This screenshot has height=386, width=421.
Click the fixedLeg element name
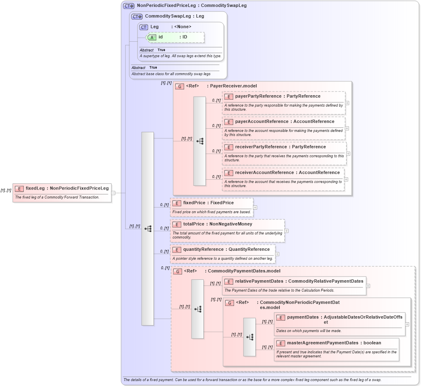pyautogui.click(x=35, y=188)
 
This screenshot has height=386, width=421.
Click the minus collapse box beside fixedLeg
pyautogui.click(x=113, y=193)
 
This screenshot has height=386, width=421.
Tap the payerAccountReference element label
pyautogui.click(x=261, y=122)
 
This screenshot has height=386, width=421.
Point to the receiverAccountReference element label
pyautogui.click(x=264, y=173)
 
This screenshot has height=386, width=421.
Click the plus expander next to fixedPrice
pyautogui.click(x=255, y=208)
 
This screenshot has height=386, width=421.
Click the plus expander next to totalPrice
pyautogui.click(x=286, y=231)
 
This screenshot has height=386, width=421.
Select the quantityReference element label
pyautogui.click(x=203, y=250)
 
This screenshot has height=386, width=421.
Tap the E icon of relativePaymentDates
pyautogui.click(x=229, y=281)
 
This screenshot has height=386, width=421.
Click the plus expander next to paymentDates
pyautogui.click(x=407, y=324)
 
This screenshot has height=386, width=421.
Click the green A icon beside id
pyautogui.click(x=152, y=37)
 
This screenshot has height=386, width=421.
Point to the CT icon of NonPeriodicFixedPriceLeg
pyautogui.click(x=129, y=6)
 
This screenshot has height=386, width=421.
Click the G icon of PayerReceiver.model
pyautogui.click(x=179, y=87)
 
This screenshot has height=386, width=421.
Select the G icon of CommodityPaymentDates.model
pyautogui.click(x=178, y=271)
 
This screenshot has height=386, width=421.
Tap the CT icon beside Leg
pyautogui.click(x=144, y=27)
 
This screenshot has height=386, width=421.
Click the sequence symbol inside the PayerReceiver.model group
pyautogui.click(x=200, y=141)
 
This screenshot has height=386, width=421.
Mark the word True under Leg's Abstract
pyautogui.click(x=161, y=50)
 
